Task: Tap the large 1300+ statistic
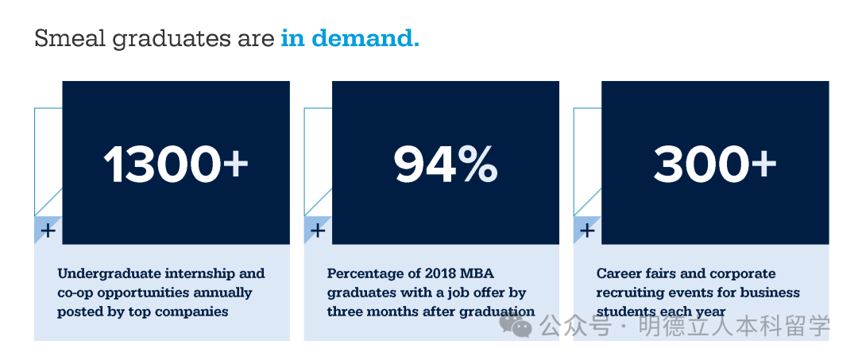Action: click(176, 164)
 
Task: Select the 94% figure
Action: click(446, 164)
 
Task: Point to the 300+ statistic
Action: click(715, 164)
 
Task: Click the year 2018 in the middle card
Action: click(426, 273)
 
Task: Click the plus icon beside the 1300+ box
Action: click(48, 230)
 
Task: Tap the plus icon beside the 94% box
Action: click(318, 230)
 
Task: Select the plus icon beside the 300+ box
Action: click(587, 230)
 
